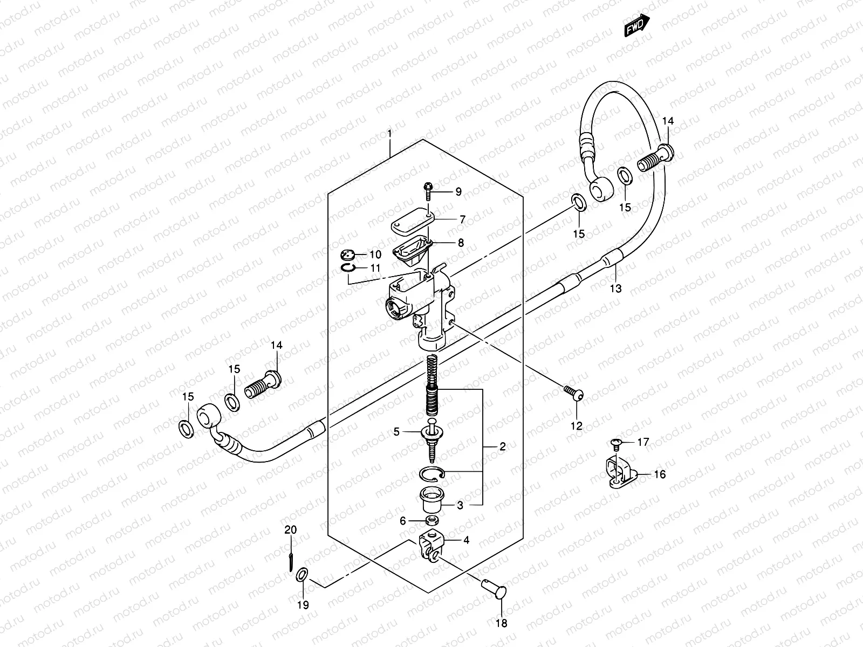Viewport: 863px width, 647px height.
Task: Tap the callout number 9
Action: (x=458, y=191)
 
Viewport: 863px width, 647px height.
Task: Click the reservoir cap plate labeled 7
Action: (x=414, y=223)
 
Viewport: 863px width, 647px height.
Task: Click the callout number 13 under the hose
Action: (x=615, y=288)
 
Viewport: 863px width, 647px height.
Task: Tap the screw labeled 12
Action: (x=572, y=392)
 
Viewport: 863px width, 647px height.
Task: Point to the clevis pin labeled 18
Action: (x=493, y=587)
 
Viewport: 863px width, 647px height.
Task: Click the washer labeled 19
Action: (x=303, y=575)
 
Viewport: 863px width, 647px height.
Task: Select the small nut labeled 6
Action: (x=431, y=520)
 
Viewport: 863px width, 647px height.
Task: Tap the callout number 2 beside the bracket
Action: (x=502, y=446)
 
